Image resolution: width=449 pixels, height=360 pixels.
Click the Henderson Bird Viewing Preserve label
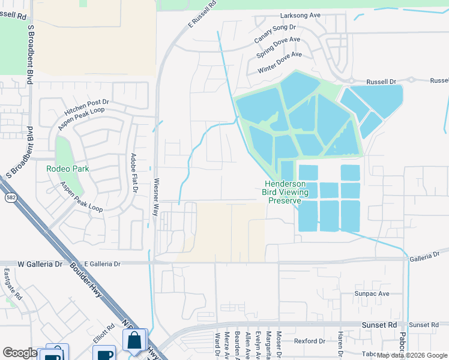[285, 193]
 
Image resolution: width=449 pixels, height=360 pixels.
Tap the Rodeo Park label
[68, 169]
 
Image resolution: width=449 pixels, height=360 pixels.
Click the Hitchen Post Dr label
[87, 109]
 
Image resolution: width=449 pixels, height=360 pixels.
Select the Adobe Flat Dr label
[134, 173]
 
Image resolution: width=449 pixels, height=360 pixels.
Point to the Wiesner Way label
[155, 196]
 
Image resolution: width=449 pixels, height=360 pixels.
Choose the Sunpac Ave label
[372, 294]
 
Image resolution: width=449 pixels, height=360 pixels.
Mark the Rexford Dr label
[310, 341]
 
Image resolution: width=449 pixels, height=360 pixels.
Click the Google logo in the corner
[19, 353]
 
